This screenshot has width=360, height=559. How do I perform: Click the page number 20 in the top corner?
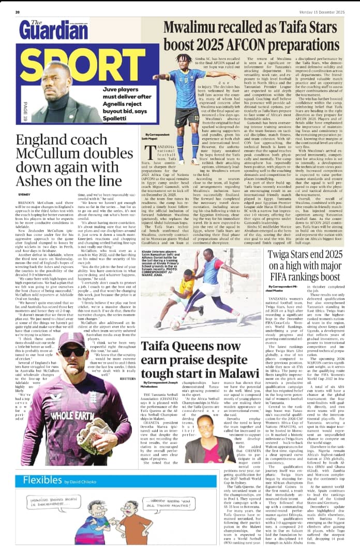[x=18, y=12]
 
